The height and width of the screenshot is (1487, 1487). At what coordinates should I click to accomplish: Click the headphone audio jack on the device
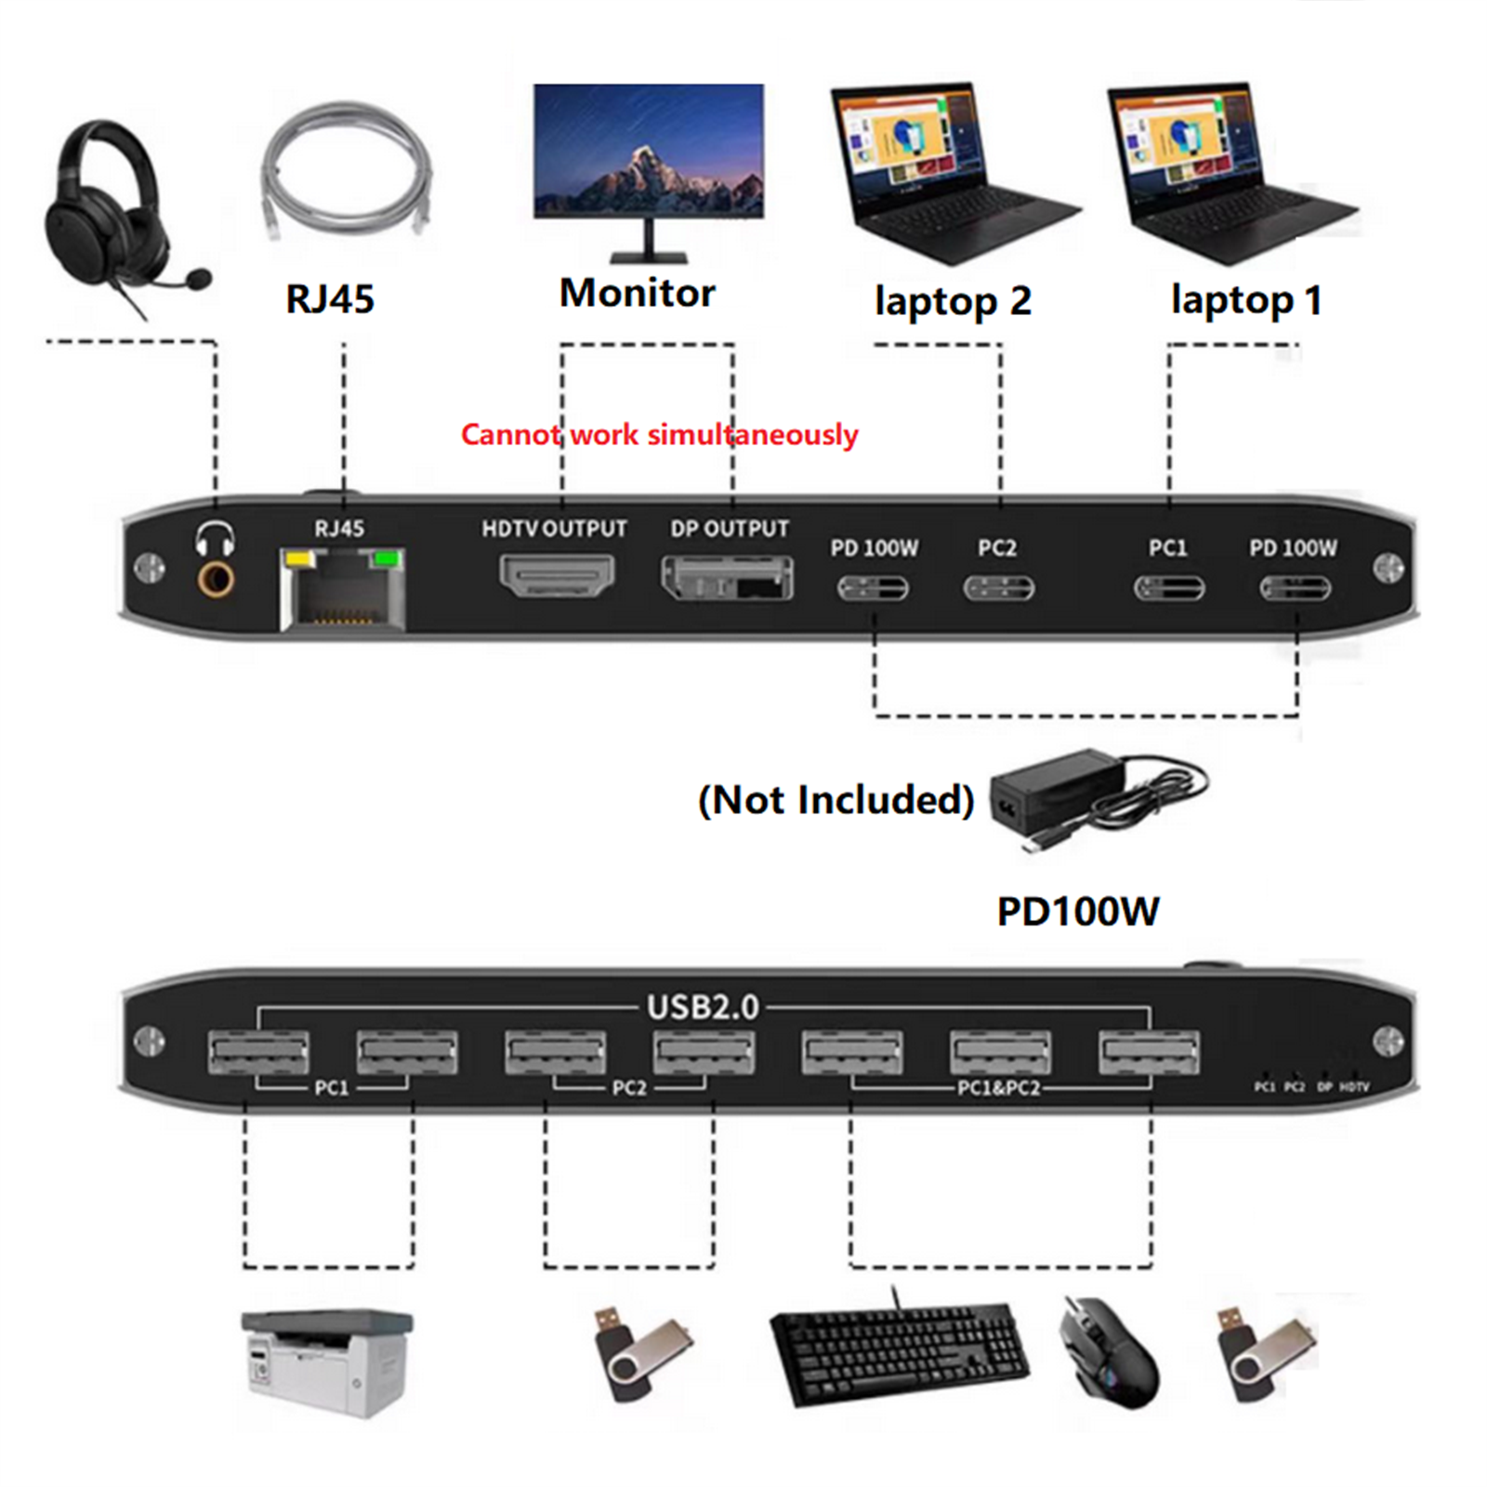point(216,581)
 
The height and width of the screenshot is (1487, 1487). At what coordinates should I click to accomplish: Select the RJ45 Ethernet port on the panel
point(343,591)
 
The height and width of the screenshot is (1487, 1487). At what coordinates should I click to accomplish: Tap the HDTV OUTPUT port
point(557,575)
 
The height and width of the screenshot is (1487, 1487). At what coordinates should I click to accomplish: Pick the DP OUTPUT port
point(727,578)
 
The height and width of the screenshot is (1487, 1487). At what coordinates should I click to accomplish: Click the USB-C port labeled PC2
point(998,588)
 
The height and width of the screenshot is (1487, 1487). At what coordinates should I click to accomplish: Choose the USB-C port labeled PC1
point(1168,588)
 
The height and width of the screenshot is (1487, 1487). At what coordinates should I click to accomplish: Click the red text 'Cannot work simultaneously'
point(659,434)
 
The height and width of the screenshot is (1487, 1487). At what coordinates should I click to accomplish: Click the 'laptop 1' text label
point(1245,300)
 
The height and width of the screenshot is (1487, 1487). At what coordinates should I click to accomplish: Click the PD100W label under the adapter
point(1077,911)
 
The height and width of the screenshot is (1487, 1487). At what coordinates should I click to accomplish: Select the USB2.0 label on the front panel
point(703,1007)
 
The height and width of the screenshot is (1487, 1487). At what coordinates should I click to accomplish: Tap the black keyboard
point(899,1352)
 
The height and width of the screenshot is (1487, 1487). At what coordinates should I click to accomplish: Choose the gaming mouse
point(1111,1352)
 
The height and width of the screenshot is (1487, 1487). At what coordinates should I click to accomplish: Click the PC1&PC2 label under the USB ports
point(998,1088)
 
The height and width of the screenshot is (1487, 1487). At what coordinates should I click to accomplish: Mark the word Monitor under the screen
point(637,294)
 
